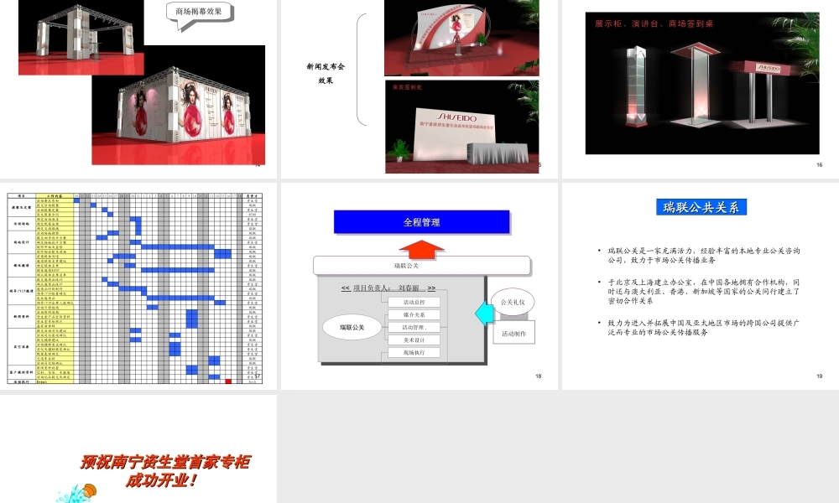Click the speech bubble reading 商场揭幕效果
[198, 13]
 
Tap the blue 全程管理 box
[421, 222]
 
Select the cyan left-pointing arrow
[482, 313]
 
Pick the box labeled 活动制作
[513, 333]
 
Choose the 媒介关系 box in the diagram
[414, 314]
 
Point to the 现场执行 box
[414, 353]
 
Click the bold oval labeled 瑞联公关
[352, 326]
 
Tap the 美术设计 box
[414, 340]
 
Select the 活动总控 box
[414, 302]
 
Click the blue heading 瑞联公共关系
[701, 207]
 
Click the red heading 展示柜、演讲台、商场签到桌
[654, 23]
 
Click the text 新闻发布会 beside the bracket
[326, 66]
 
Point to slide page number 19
[819, 376]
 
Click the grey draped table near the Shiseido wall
[501, 154]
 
